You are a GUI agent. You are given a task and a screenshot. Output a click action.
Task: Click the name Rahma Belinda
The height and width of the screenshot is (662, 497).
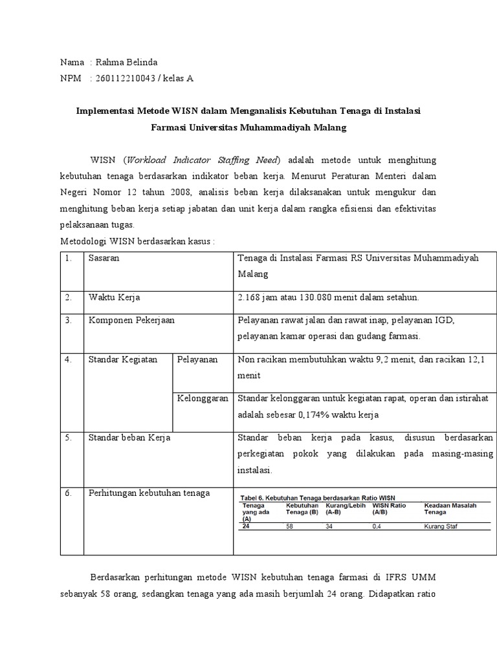click(126, 63)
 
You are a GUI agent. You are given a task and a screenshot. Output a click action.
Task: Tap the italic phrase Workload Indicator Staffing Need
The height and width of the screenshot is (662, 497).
click(203, 160)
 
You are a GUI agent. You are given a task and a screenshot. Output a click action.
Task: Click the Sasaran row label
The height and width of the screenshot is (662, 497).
click(104, 258)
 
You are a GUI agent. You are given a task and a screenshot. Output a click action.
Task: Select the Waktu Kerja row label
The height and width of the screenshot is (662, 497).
click(114, 298)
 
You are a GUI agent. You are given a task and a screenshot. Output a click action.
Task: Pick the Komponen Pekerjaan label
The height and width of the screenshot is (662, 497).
click(131, 320)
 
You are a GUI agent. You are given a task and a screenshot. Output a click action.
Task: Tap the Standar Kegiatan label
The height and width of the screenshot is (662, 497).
click(123, 359)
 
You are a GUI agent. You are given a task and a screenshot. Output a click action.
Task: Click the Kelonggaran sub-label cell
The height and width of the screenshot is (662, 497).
click(203, 398)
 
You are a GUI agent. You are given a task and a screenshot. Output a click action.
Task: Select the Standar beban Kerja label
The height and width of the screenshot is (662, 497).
click(129, 438)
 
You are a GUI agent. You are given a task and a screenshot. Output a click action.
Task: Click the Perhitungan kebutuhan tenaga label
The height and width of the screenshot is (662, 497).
click(149, 493)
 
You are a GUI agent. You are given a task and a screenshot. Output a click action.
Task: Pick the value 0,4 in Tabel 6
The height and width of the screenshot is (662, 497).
click(377, 527)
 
